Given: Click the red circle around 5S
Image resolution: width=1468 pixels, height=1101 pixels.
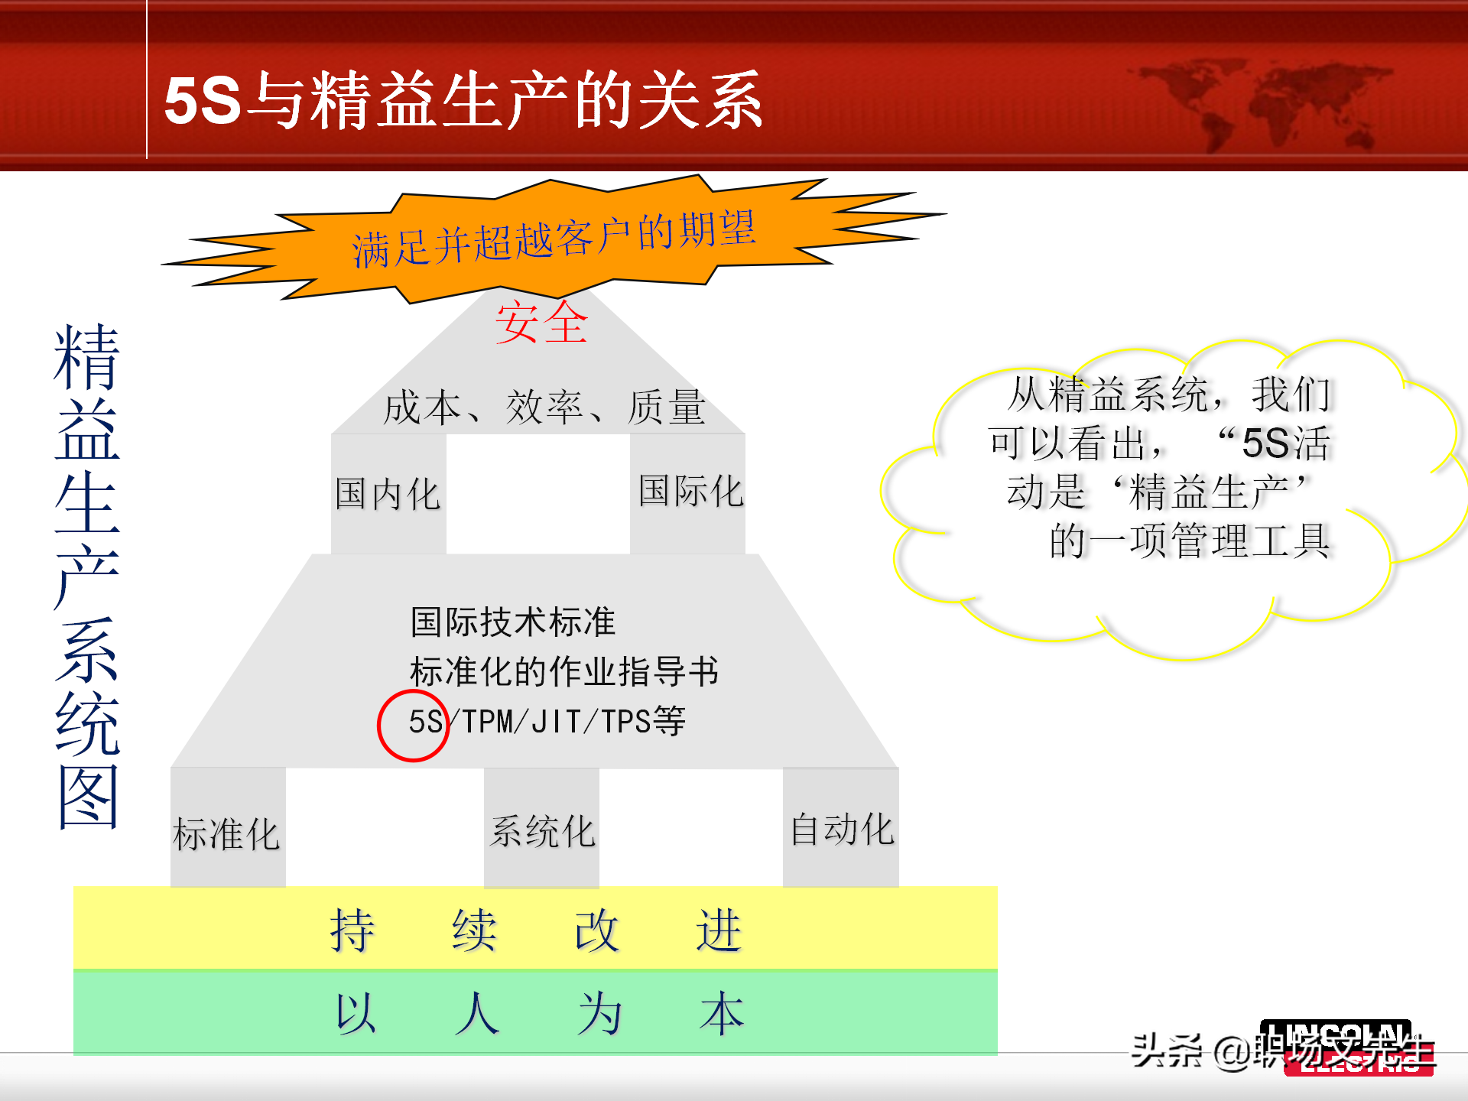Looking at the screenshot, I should click(413, 726).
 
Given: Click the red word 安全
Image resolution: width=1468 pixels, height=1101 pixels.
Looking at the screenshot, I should click(541, 323).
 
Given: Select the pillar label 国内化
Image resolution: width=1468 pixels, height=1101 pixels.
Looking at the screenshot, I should click(388, 494).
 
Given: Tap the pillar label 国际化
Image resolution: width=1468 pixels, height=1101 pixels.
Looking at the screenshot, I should click(690, 491).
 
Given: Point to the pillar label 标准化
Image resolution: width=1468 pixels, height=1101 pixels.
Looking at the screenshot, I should click(226, 833).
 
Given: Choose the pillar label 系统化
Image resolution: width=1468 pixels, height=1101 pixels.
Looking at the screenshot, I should click(542, 831).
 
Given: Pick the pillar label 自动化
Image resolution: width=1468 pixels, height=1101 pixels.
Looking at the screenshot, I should click(842, 830).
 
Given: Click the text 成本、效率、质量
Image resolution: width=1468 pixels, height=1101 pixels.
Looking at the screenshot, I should click(544, 407).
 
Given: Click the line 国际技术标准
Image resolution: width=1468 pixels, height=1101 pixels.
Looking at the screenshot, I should click(513, 622).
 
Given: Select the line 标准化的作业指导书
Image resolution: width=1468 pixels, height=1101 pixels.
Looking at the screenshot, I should click(564, 671).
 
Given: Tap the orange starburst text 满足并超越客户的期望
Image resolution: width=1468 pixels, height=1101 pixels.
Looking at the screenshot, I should click(554, 239).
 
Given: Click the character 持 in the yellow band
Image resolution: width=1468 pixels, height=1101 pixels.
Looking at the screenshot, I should click(352, 930).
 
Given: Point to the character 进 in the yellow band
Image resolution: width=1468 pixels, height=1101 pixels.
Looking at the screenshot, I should click(719, 930).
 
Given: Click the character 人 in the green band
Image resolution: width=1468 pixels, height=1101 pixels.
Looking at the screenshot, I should click(477, 1014).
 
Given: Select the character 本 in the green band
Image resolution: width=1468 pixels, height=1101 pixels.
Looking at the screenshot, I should click(721, 1014).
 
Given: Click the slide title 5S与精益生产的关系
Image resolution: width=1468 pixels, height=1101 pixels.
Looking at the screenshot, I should click(463, 100).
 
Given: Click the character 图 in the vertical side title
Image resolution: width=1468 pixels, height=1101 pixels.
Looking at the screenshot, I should click(88, 797).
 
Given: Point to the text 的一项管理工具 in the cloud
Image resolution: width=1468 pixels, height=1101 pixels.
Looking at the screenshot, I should click(1189, 541).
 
